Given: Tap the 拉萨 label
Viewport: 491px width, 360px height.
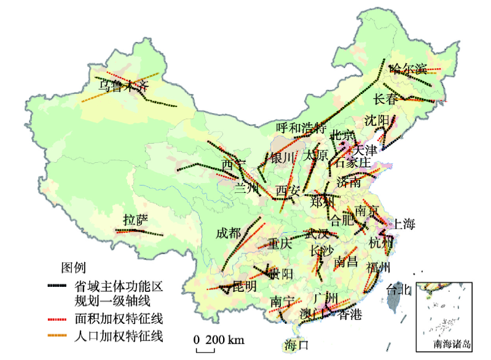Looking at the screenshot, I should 135,220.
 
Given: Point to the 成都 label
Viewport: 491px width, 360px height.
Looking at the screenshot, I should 229,233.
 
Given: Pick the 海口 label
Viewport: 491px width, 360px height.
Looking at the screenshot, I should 296,345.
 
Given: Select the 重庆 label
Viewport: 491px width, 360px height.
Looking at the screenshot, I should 279,243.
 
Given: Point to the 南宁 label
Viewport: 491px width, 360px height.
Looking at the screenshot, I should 283,302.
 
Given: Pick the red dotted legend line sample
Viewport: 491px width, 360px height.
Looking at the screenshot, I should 58,319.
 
